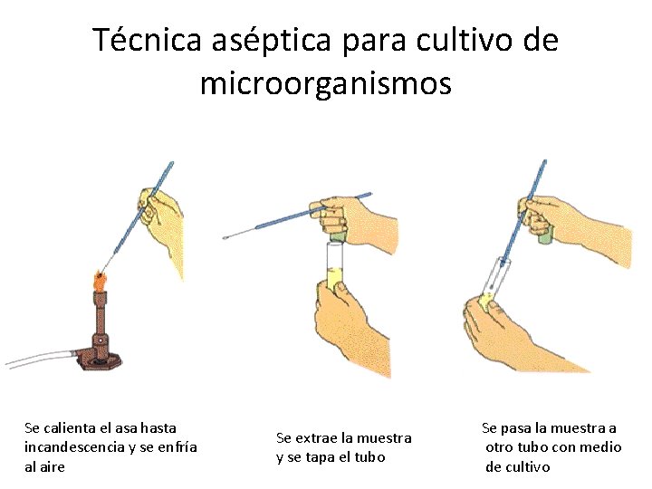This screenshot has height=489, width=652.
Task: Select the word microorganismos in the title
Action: [325, 83]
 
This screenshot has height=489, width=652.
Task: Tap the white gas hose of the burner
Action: [41, 358]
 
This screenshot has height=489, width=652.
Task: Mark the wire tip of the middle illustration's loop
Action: [226, 237]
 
